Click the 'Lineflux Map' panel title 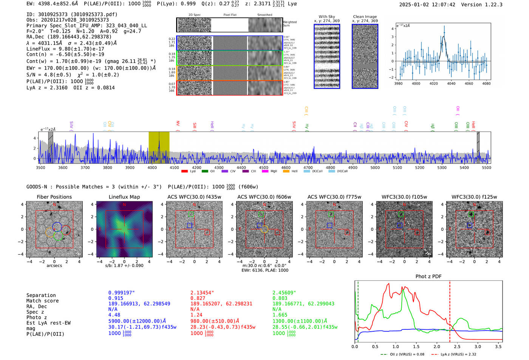point(124,197)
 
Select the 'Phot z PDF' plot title point(428,277)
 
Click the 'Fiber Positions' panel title point(54,197)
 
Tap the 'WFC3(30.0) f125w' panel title point(474,197)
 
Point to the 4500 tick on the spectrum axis point(263,167)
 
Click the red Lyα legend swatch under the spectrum point(184,172)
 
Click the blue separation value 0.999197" point(121,293)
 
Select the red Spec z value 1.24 point(196,315)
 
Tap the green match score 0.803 point(280,298)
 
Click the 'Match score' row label point(42,301)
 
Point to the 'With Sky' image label point(326,17)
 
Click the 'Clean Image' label point(365,17)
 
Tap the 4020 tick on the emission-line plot point(433,83)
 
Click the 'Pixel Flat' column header point(230,15)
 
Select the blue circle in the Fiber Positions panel point(57,227)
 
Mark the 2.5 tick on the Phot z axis point(457,346)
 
